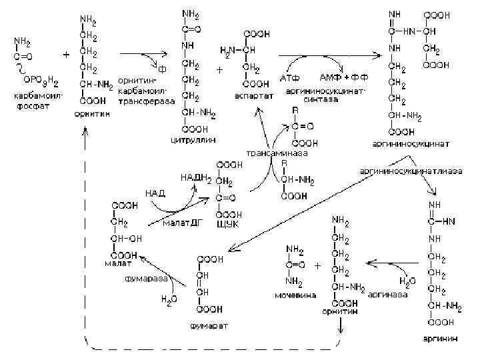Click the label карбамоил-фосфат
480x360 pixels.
(37, 101)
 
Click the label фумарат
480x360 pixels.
(208, 326)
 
